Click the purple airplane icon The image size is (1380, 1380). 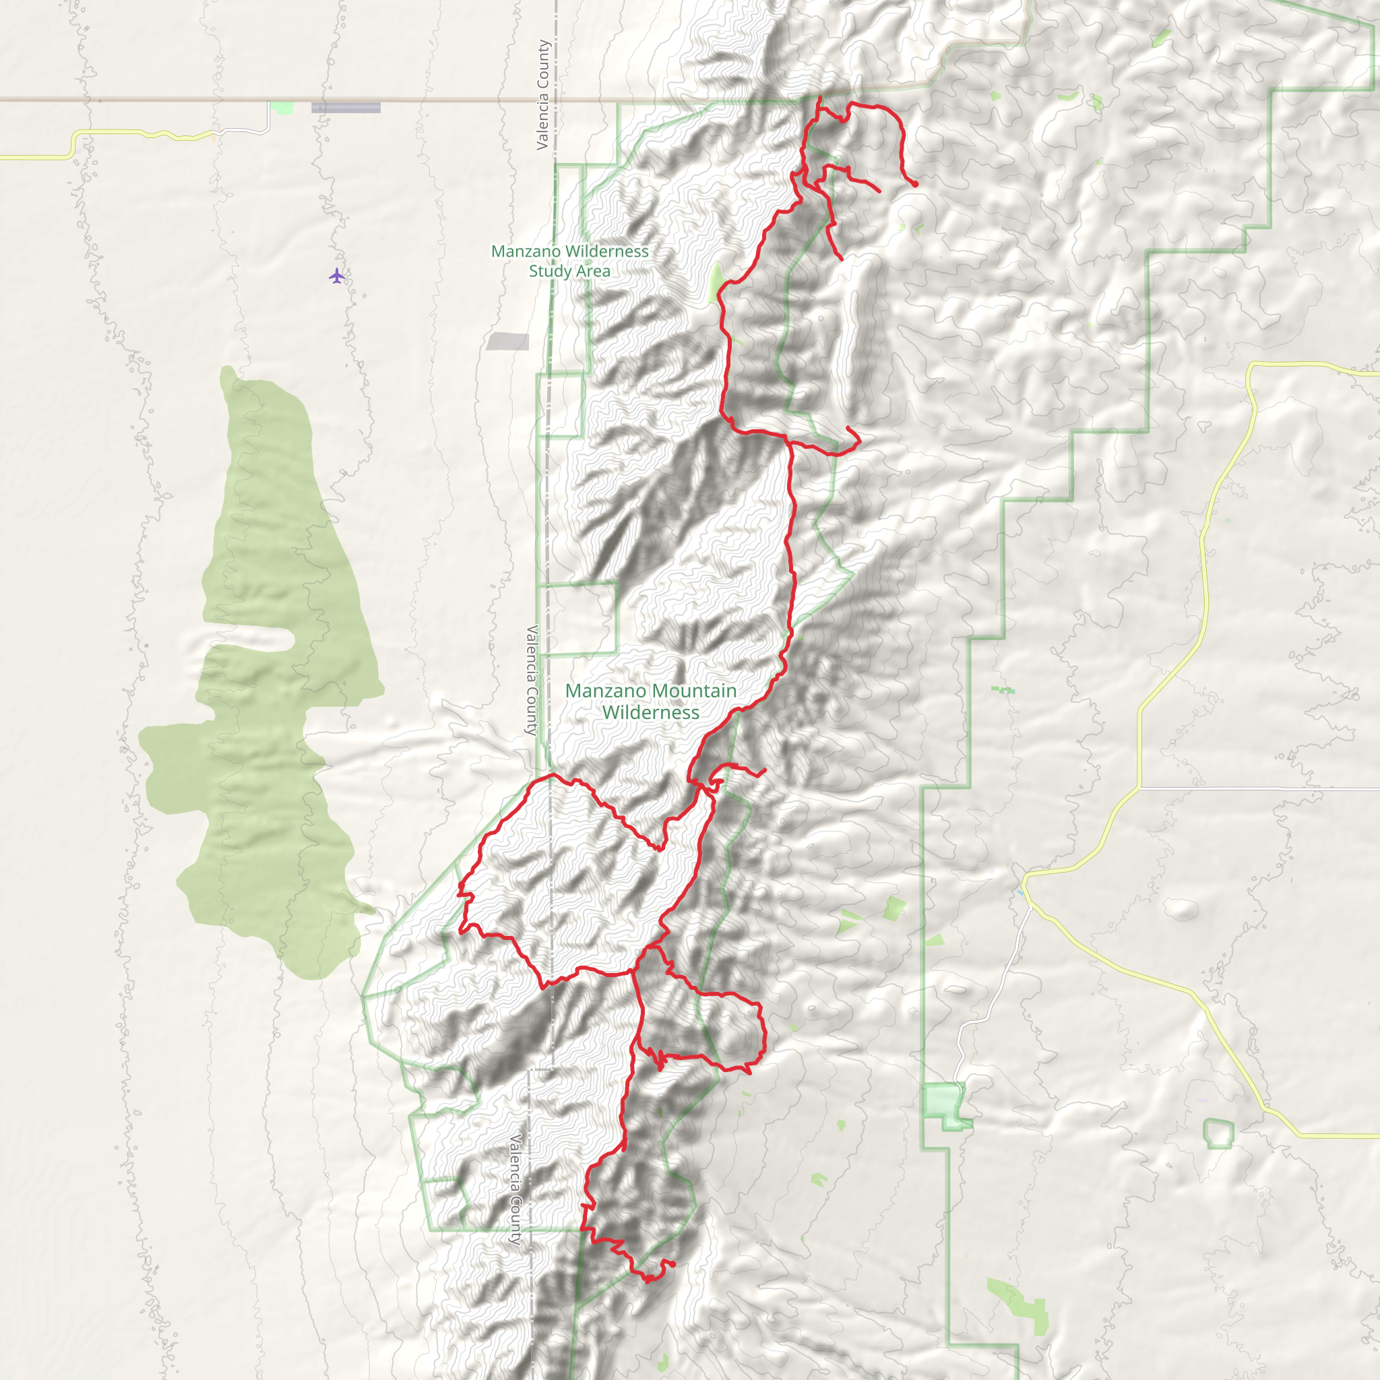(337, 276)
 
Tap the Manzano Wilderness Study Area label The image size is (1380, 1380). (570, 261)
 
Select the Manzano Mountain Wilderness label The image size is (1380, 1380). (651, 701)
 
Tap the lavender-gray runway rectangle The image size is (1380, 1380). (346, 108)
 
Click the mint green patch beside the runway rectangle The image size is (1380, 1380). (284, 108)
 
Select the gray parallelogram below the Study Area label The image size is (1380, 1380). (508, 342)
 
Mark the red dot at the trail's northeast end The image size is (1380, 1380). (914, 183)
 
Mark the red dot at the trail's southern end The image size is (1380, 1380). (672, 1264)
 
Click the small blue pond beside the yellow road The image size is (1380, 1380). (1020, 893)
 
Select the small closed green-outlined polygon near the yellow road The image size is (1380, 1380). (1218, 1133)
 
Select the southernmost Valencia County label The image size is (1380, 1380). (516, 1189)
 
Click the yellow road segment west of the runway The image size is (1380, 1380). (143, 133)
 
